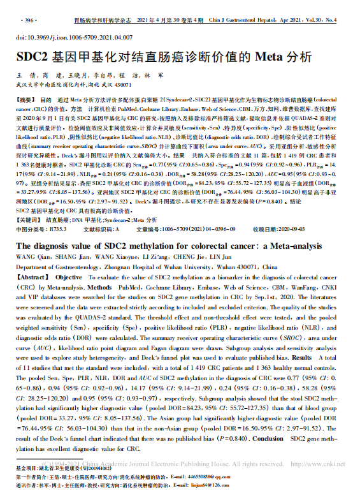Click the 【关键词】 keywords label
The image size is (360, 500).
29,236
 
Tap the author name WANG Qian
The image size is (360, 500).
30,275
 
